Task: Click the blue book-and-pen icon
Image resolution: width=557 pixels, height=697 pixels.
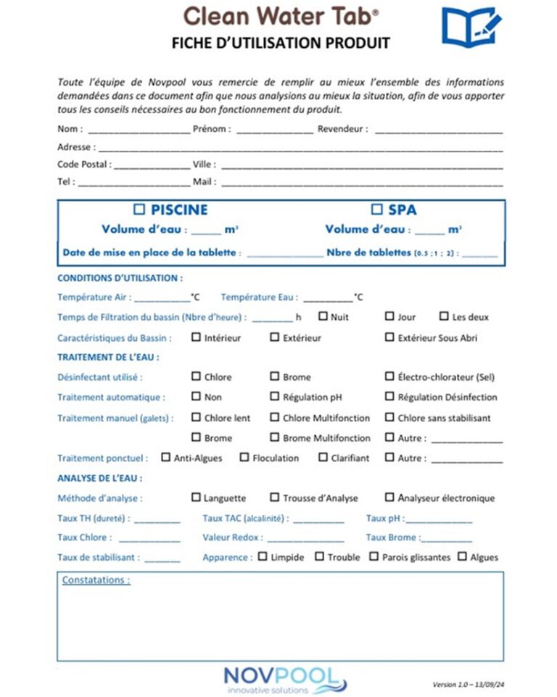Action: coord(471,27)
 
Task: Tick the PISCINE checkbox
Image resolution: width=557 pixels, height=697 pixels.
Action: coord(140,210)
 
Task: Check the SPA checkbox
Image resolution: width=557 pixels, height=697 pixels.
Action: coord(376,210)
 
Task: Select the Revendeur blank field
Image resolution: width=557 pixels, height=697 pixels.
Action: coord(439,131)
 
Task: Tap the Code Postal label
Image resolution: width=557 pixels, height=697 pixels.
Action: coord(84,164)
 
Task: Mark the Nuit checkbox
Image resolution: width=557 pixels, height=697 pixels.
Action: coord(323,316)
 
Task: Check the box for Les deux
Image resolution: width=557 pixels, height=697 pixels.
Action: coord(445,316)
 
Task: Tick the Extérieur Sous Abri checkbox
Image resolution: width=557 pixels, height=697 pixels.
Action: coord(389,337)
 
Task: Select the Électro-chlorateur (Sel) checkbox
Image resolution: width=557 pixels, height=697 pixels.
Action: coord(389,376)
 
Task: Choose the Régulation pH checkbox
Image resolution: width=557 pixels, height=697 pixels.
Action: coord(274,397)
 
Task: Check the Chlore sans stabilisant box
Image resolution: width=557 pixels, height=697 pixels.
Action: coord(389,417)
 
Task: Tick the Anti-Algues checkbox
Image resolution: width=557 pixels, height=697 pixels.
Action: coord(165,458)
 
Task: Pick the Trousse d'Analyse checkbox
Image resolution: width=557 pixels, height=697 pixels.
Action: coord(274,498)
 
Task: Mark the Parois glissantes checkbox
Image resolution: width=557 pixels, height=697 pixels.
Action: coord(374,557)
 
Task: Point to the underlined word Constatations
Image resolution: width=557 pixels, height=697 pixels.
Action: coord(96,580)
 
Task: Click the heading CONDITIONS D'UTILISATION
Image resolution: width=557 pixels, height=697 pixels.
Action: coord(120,278)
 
